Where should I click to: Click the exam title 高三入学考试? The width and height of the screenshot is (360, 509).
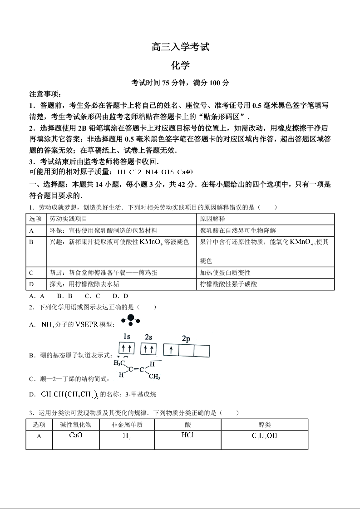tap(180, 47)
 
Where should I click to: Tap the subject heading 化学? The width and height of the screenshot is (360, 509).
tap(180, 65)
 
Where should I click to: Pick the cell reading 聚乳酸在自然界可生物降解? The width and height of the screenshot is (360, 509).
tap(238, 230)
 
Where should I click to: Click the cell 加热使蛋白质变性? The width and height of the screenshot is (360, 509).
tap(225, 273)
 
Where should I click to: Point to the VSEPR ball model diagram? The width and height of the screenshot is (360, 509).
tap(130, 320)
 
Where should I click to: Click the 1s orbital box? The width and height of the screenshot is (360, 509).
tap(127, 349)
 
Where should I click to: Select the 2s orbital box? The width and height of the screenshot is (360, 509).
tap(148, 349)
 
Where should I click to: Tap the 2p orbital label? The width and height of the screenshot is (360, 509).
tap(186, 338)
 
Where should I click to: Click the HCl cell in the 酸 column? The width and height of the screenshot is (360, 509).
tap(187, 436)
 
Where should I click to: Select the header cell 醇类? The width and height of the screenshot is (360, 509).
tap(264, 425)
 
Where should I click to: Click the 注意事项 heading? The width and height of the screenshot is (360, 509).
tap(45, 94)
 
